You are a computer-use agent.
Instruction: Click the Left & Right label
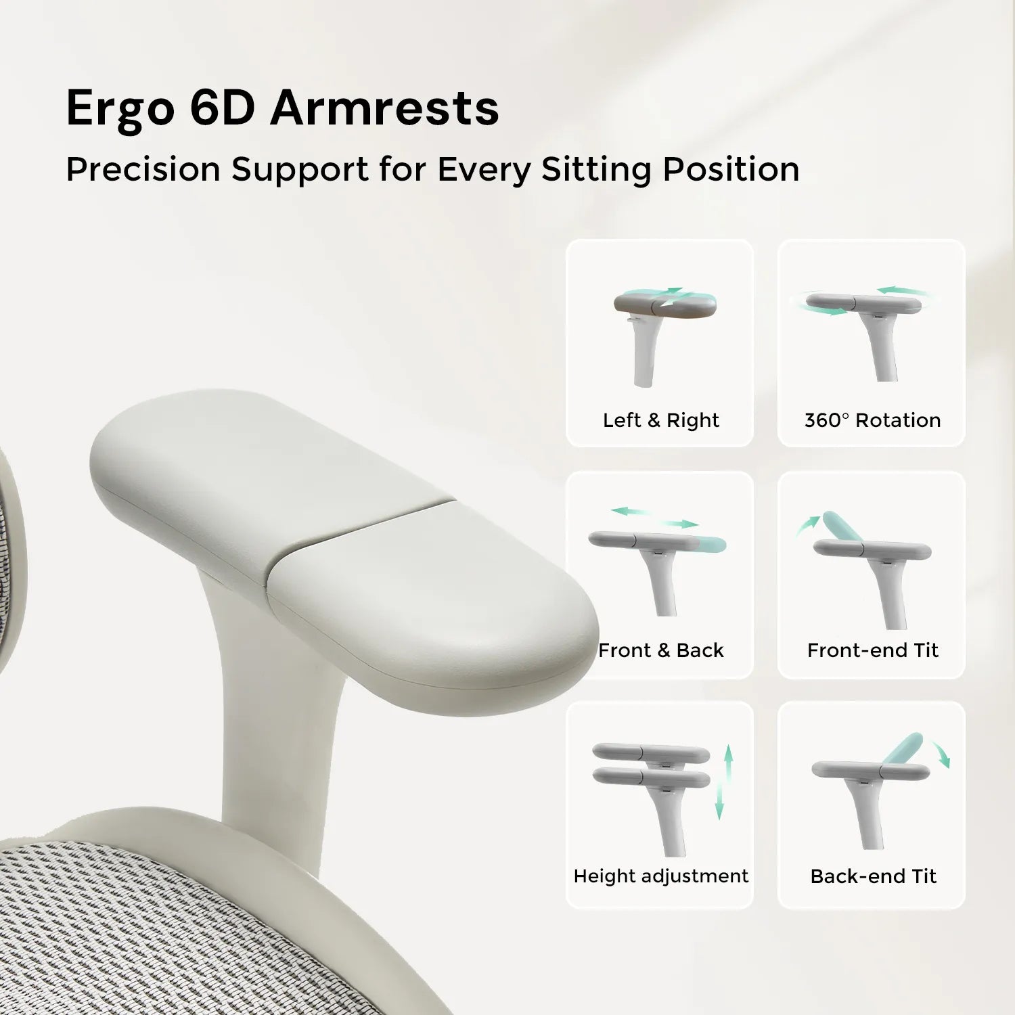661,420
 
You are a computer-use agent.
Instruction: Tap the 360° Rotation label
872,420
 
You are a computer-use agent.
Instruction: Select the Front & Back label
661,650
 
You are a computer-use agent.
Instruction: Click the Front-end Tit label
873,650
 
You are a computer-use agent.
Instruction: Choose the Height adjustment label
661,876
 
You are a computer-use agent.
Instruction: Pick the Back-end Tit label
873,876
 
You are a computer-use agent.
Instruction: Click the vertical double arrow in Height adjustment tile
724,782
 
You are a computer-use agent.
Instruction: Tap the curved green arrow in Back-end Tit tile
941,753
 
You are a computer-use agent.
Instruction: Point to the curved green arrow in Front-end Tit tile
805,524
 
